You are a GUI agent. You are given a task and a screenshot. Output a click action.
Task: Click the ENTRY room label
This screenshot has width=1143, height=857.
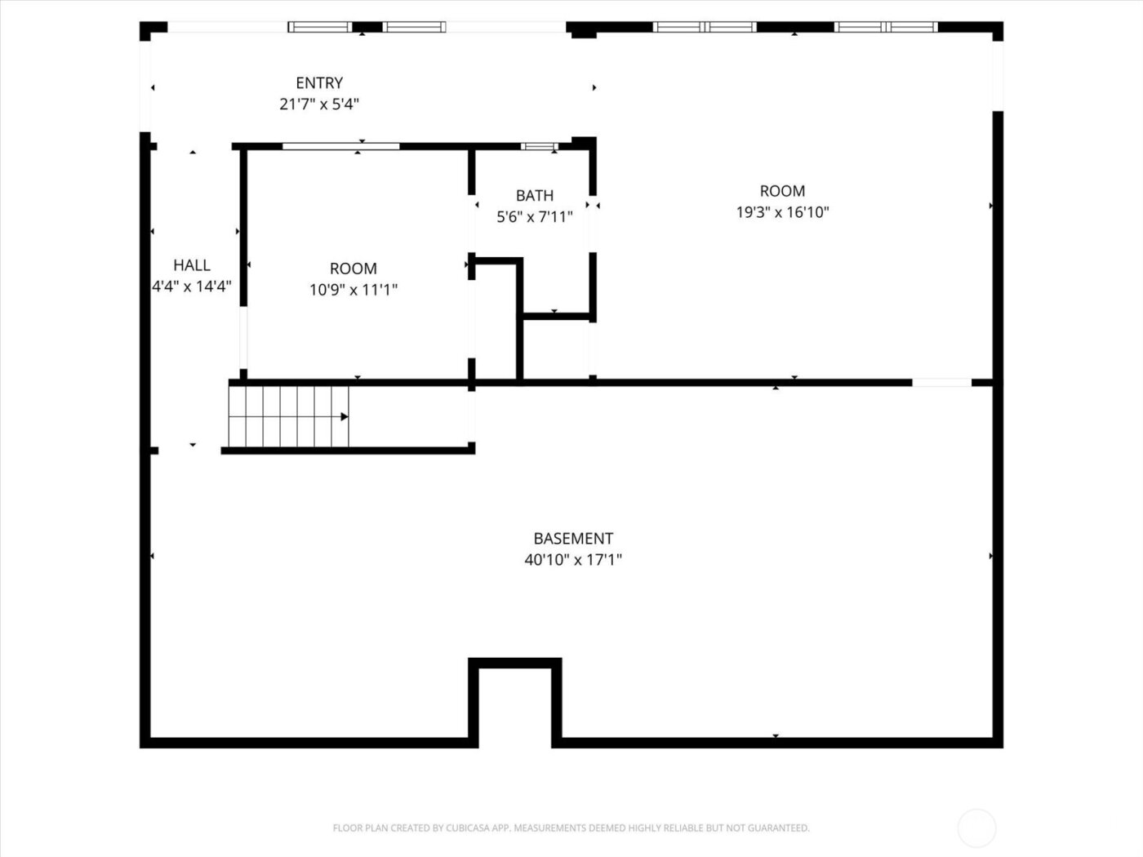coord(319,83)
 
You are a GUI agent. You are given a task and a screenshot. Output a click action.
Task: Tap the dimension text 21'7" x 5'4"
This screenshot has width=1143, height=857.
coord(319,104)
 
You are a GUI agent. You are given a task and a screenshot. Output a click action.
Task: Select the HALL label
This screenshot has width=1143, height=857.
coord(192,265)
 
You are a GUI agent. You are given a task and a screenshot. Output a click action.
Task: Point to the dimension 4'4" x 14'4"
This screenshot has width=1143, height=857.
coord(192,286)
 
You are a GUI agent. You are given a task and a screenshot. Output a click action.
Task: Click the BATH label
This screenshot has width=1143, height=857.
coord(535,196)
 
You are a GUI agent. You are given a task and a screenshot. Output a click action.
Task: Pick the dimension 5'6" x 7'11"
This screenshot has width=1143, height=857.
coord(535,217)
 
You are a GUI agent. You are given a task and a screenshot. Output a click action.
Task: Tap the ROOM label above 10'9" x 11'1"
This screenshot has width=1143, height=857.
coord(354,269)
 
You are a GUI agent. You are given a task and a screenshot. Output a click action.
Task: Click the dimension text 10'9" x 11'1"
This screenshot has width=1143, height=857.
coord(354,290)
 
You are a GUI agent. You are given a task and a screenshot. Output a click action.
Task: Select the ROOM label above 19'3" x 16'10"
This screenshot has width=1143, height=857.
coord(782,191)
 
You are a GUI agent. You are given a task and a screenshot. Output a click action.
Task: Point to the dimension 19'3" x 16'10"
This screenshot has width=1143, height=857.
coord(782,212)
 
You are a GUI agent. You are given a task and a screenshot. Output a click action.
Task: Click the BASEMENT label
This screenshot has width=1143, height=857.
coord(573,539)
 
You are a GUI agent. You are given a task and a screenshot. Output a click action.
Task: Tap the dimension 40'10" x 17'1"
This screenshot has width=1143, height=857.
coord(573,560)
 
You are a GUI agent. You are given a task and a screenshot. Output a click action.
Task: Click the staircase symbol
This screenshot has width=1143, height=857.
coord(287,416)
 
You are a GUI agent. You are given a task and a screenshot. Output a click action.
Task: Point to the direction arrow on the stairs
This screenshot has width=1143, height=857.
coord(345,417)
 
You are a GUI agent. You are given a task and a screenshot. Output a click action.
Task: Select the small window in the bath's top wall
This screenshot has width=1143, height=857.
coord(539,147)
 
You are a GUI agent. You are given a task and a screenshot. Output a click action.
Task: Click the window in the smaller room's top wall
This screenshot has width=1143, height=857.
coord(340,147)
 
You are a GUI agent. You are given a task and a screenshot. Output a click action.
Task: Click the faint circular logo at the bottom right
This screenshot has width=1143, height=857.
coord(976,828)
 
